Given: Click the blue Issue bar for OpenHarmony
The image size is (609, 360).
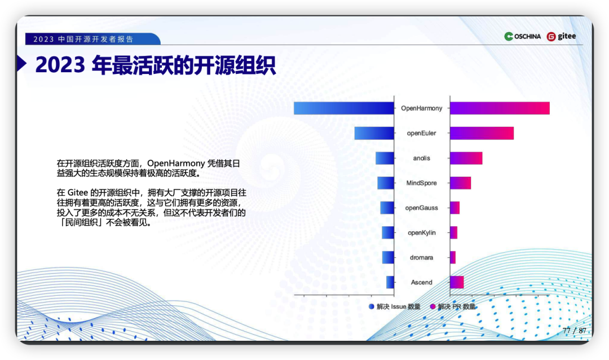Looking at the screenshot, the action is click(344, 108).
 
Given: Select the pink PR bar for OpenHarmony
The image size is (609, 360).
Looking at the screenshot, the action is click(500, 108).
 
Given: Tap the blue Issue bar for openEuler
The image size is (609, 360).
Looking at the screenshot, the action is click(374, 133).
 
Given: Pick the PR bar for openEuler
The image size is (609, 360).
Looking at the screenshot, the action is click(482, 133).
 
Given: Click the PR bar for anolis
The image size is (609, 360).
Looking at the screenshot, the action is click(466, 158).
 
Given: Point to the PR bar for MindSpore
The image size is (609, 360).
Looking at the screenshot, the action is click(461, 183).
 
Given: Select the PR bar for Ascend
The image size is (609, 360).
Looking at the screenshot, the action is click(457, 282).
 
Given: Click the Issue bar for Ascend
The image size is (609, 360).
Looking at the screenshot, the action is click(390, 282).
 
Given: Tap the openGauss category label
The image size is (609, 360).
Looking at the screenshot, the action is click(421, 208).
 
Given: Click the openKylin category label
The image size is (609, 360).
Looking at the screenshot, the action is click(421, 233).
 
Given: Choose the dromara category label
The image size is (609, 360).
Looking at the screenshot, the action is click(421, 257).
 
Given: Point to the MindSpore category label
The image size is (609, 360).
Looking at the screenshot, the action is click(421, 183).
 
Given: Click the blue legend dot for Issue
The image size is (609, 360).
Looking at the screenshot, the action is click(371, 307).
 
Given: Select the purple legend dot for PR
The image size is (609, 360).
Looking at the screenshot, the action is click(433, 307).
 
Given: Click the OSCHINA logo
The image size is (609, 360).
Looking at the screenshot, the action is click(522, 36).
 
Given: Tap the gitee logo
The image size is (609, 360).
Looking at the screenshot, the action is click(561, 36).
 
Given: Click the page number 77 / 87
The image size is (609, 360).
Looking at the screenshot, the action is click(575, 331).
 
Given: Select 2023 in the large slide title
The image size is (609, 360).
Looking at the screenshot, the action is click(60, 65).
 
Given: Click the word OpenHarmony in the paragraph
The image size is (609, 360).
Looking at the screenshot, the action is click(176, 163).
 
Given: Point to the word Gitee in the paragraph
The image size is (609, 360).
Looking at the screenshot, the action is click(78, 193).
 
